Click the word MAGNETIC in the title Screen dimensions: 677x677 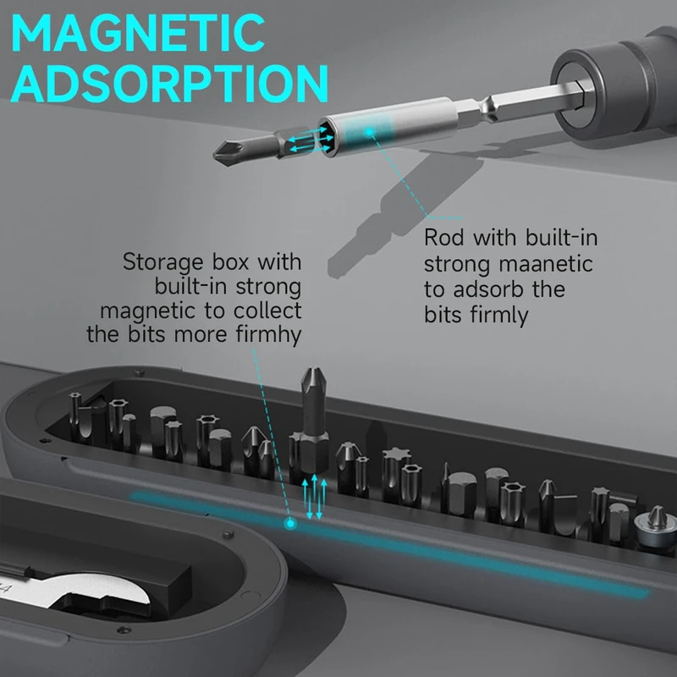coord(137,34)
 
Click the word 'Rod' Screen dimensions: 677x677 coord(443,238)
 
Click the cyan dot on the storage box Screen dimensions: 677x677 coord(290,525)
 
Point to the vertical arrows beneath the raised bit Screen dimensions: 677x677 coord(313,496)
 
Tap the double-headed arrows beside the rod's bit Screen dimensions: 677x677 coord(301,141)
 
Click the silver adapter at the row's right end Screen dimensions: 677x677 coord(653,522)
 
